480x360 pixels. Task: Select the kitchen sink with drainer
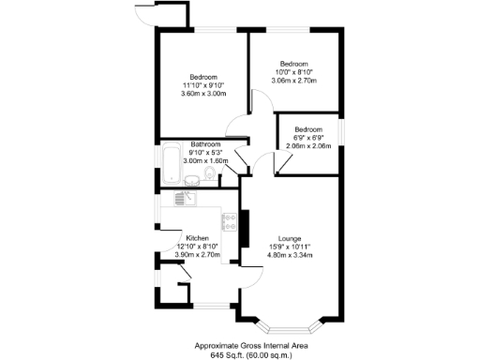(183, 197)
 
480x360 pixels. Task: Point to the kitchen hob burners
(228, 221)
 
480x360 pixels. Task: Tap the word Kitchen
(197, 237)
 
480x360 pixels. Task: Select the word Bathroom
(205, 144)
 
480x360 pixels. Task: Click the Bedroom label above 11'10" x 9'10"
(203, 77)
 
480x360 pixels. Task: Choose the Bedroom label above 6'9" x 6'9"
(308, 129)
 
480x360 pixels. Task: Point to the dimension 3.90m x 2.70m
(197, 255)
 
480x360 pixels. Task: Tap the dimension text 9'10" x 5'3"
(204, 153)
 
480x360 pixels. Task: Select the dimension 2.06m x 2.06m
(308, 147)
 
